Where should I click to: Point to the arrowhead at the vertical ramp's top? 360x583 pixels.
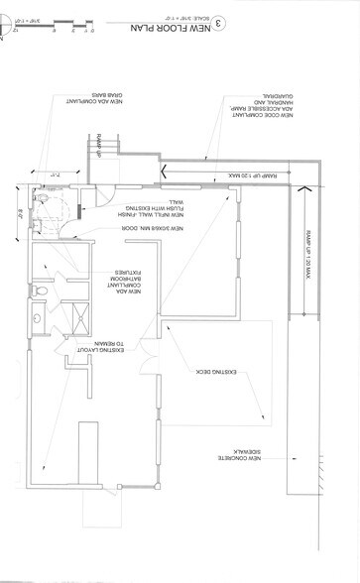click(304, 187)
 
